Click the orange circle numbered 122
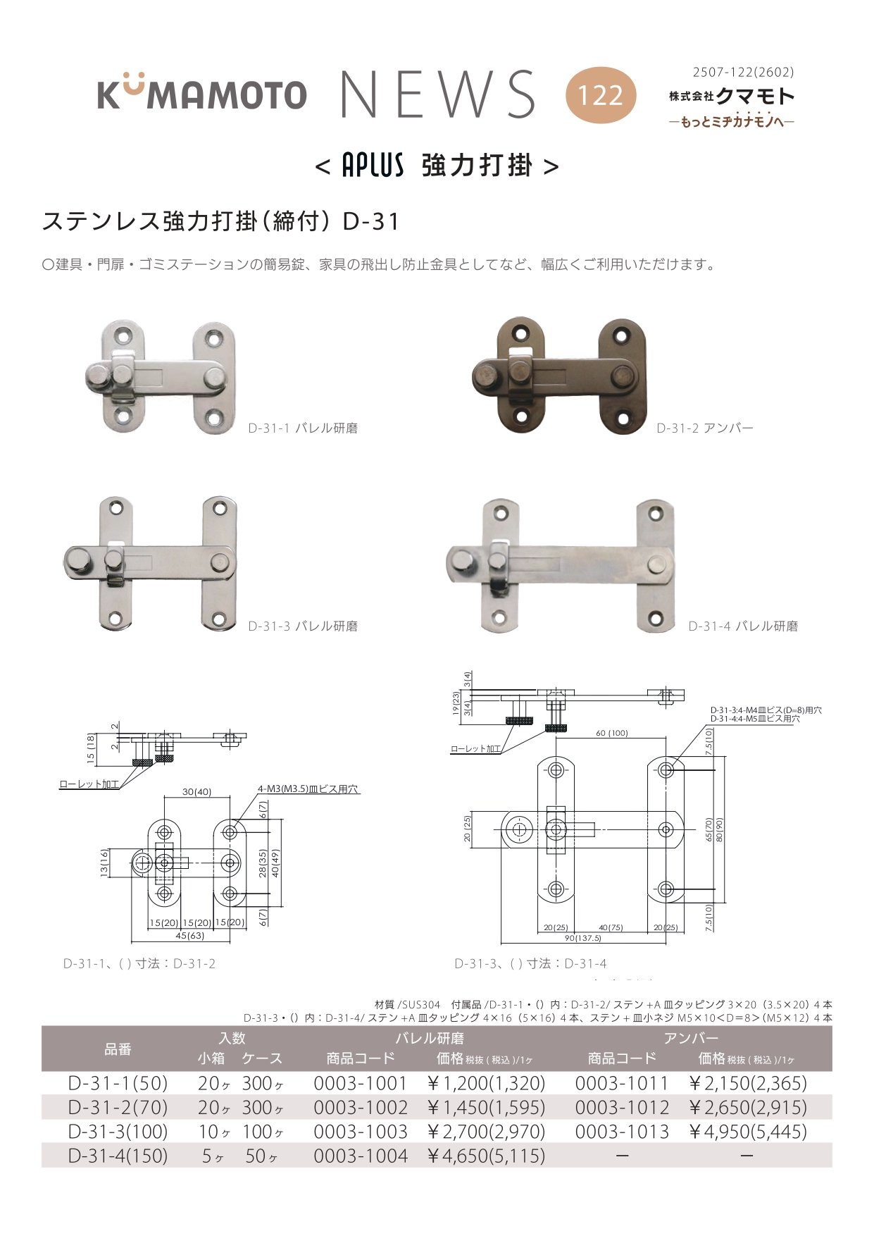pyautogui.click(x=601, y=95)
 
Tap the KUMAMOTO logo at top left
pyautogui.click(x=202, y=92)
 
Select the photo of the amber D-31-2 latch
pyautogui.click(x=558, y=375)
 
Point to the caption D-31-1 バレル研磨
pyautogui.click(x=303, y=428)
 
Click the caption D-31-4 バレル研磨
pyautogui.click(x=743, y=626)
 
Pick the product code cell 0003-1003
pyautogui.click(x=361, y=1132)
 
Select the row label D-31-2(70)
pyautogui.click(x=118, y=1108)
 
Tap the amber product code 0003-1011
pyautogui.click(x=622, y=1084)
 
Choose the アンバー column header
pyautogui.click(x=691, y=1038)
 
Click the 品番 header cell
pyautogui.click(x=118, y=1049)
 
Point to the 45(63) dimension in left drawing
pyautogui.click(x=190, y=936)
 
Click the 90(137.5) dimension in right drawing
pyautogui.click(x=583, y=938)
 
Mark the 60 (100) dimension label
pyautogui.click(x=612, y=733)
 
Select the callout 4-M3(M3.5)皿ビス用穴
pyautogui.click(x=308, y=789)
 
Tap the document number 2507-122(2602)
pyautogui.click(x=744, y=72)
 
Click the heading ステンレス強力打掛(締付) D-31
pyautogui.click(x=221, y=221)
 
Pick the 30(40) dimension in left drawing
pyautogui.click(x=196, y=792)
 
